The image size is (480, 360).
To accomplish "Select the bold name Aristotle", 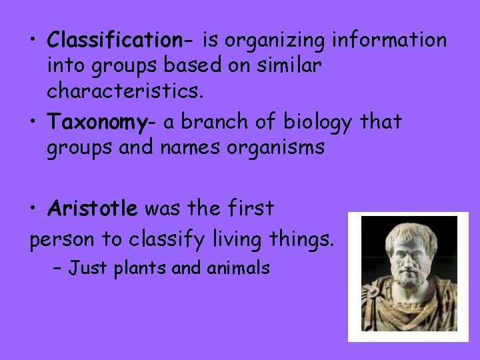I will pyautogui.click(x=93, y=209).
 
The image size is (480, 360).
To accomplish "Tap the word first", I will pyautogui.click(x=251, y=209).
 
